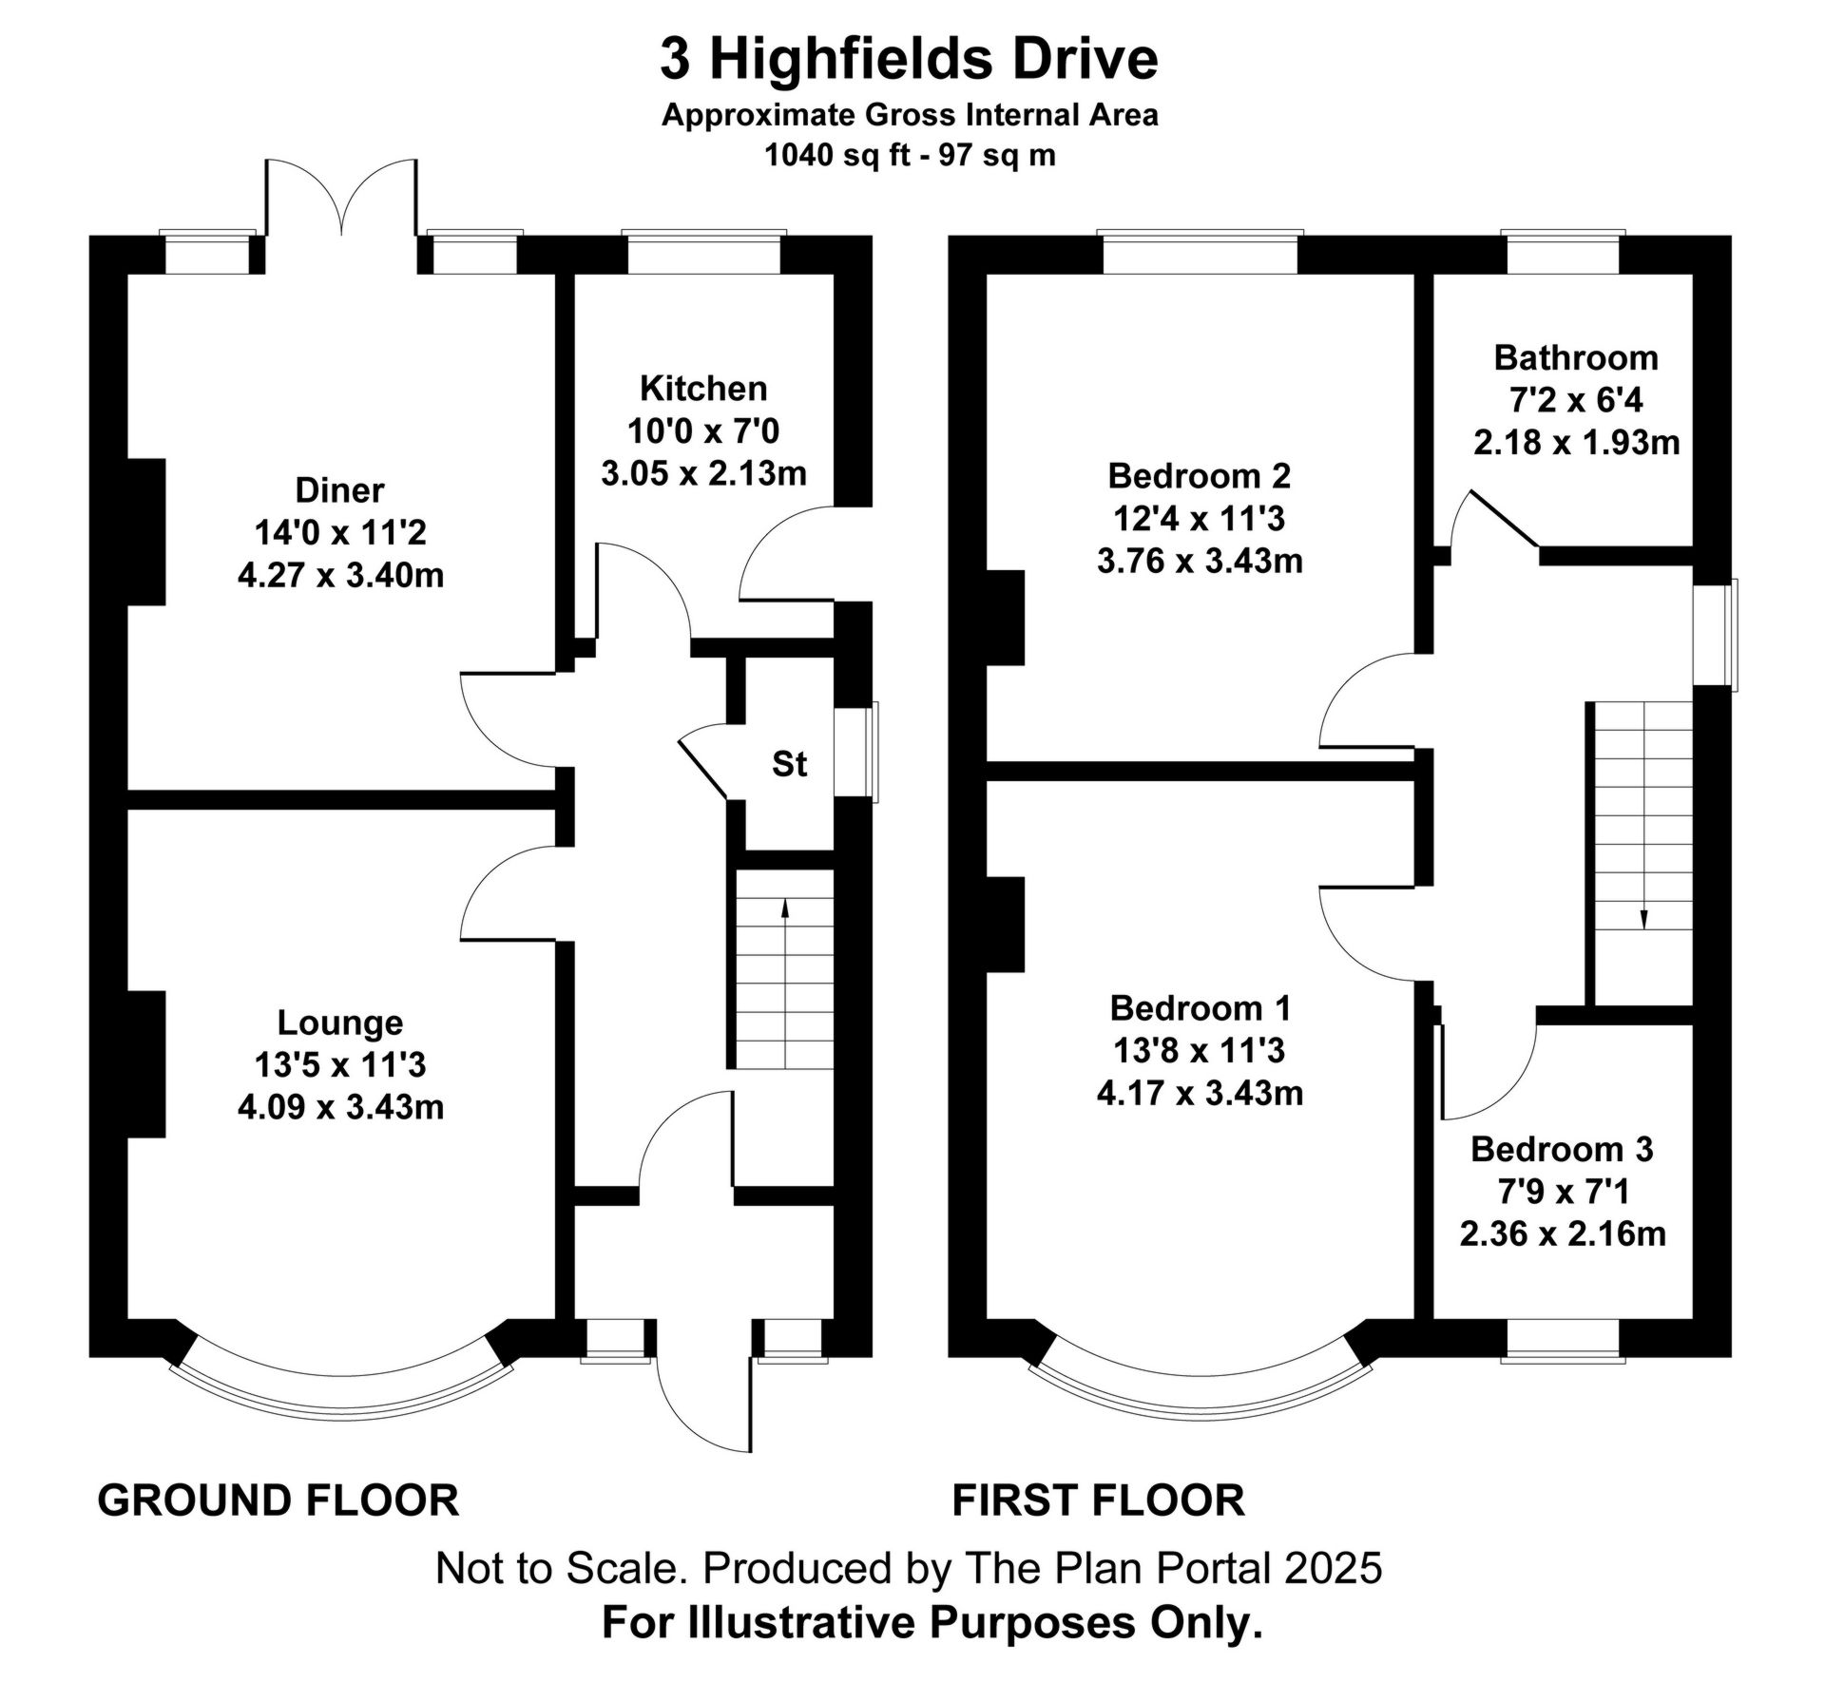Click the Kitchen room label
(x=702, y=389)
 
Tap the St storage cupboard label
(x=789, y=764)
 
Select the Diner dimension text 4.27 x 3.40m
(x=340, y=575)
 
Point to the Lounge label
(x=340, y=1023)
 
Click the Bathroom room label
(x=1576, y=358)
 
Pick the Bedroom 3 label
(x=1562, y=1149)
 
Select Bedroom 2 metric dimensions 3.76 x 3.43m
(x=1200, y=561)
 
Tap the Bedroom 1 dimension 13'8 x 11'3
(x=1200, y=1050)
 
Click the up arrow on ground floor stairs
(x=785, y=908)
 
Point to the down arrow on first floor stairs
(x=1644, y=918)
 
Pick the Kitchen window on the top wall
(x=704, y=253)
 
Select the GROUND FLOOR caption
(x=279, y=1500)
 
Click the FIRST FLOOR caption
(x=1098, y=1500)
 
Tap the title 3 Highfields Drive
(x=910, y=59)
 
